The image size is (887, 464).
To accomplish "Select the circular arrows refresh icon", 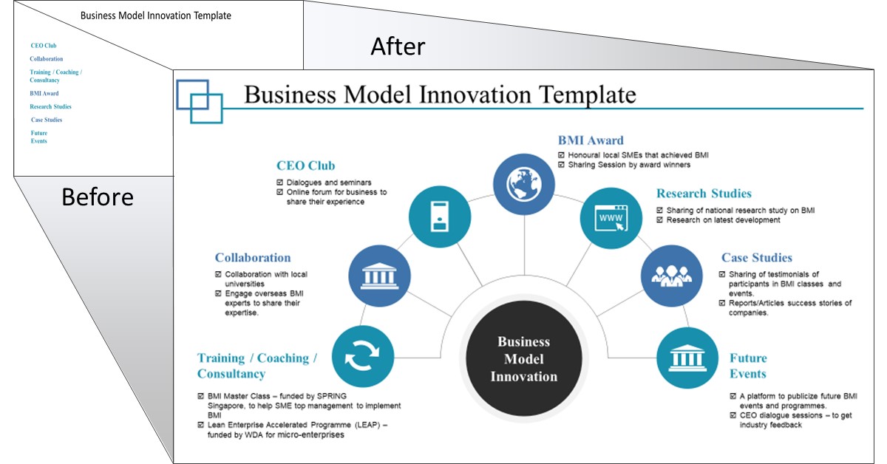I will [363, 358].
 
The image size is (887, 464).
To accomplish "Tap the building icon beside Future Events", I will [687, 358].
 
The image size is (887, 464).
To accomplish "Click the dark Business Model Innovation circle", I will [523, 359].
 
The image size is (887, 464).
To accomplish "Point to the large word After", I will [398, 47].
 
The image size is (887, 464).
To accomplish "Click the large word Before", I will [98, 197].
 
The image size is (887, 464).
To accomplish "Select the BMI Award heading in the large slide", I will [591, 140].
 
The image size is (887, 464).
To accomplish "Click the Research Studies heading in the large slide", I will [704, 194].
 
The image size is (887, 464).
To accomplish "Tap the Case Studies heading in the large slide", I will [756, 258].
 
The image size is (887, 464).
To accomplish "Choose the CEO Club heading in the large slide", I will [305, 166].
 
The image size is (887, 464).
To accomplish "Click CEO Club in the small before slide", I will [44, 46].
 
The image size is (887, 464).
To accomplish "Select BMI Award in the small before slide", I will [44, 94].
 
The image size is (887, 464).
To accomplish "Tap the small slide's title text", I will [155, 16].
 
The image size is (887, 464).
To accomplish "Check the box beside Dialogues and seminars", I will [279, 182].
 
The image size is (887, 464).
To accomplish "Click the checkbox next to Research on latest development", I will [660, 220].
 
